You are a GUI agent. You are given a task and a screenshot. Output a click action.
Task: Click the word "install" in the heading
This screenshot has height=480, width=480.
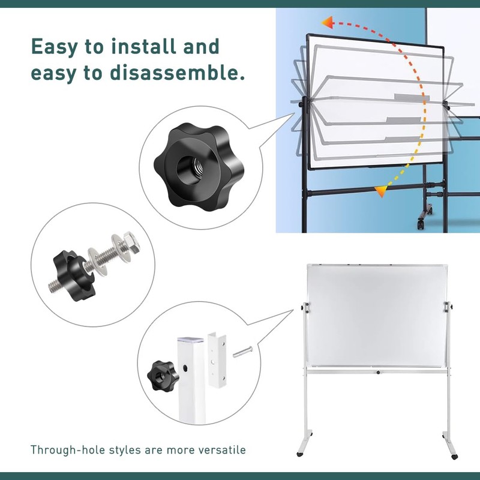(x=143, y=47)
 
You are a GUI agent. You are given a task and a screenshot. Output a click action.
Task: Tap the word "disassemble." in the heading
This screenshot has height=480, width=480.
(x=177, y=73)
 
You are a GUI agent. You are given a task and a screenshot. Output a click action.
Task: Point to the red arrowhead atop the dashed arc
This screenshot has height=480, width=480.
(x=327, y=23)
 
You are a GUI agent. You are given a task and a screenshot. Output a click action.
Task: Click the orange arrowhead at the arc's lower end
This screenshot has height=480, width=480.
(x=382, y=191)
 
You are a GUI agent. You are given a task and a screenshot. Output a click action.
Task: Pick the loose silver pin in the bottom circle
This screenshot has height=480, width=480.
(x=242, y=352)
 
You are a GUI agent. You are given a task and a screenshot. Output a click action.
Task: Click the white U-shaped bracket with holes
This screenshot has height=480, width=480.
(x=217, y=361)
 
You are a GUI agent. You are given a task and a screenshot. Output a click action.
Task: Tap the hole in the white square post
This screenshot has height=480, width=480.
(x=185, y=368)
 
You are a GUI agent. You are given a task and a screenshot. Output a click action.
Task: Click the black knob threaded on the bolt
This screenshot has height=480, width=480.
(x=74, y=275)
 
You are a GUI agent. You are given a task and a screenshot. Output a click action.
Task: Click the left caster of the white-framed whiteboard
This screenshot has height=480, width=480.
(x=300, y=454)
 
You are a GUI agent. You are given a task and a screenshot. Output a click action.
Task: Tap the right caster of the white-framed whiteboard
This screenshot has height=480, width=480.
(x=454, y=457)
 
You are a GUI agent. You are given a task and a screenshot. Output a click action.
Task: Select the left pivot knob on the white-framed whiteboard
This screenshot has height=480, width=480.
(x=305, y=307)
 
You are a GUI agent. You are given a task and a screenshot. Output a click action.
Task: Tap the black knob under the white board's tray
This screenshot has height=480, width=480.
(x=379, y=372)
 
